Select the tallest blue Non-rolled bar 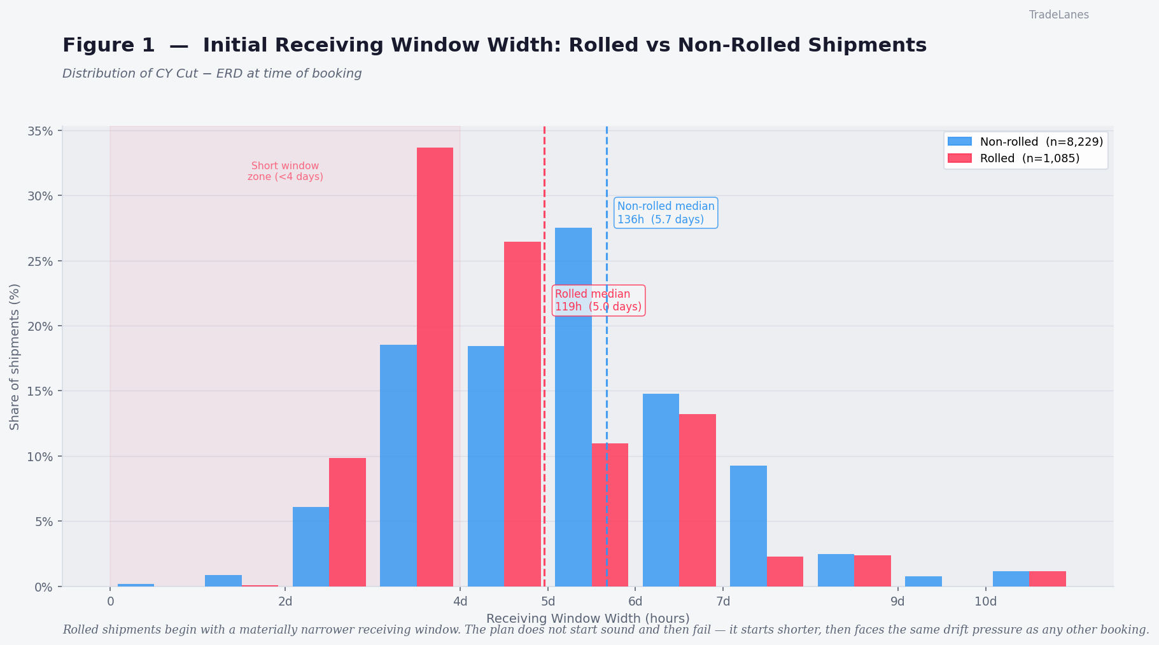click(573, 407)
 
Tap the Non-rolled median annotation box click(666, 213)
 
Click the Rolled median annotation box click(598, 300)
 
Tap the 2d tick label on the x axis click(285, 602)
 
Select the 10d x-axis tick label click(985, 602)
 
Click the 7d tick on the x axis click(722, 602)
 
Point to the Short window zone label click(285, 171)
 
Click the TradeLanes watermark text click(1058, 15)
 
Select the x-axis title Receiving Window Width click(587, 618)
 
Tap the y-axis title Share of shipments click(15, 356)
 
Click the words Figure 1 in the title click(108, 46)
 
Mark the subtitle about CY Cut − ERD click(212, 74)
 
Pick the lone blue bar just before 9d click(923, 581)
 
